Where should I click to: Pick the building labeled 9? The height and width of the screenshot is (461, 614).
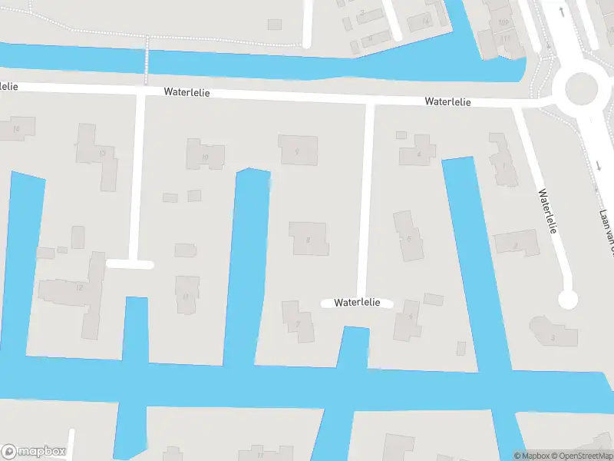click(x=297, y=151)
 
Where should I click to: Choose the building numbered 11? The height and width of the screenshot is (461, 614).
click(x=186, y=294)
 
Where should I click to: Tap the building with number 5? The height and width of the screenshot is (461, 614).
click(x=409, y=238)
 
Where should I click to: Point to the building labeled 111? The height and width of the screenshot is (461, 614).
click(x=504, y=38)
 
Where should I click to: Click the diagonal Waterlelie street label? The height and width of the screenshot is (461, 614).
click(x=547, y=211)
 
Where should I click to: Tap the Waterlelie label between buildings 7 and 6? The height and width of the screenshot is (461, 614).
click(x=357, y=303)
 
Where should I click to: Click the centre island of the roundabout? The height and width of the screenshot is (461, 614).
click(x=581, y=89)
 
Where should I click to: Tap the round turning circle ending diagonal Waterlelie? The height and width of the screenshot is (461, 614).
click(x=567, y=300)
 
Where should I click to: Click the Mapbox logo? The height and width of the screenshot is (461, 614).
click(x=33, y=452)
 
